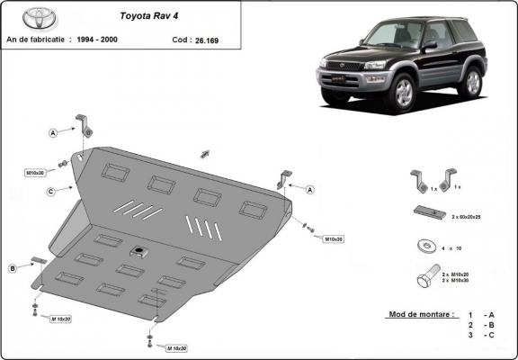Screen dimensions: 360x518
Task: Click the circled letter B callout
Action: point(13,268)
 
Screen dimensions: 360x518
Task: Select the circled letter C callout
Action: point(52,191)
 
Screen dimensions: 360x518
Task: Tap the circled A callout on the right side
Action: point(309,189)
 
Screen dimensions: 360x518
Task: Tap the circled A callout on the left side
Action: point(53,132)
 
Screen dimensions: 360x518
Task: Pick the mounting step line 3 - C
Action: point(482,335)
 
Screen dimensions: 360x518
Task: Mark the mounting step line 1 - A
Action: point(482,314)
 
